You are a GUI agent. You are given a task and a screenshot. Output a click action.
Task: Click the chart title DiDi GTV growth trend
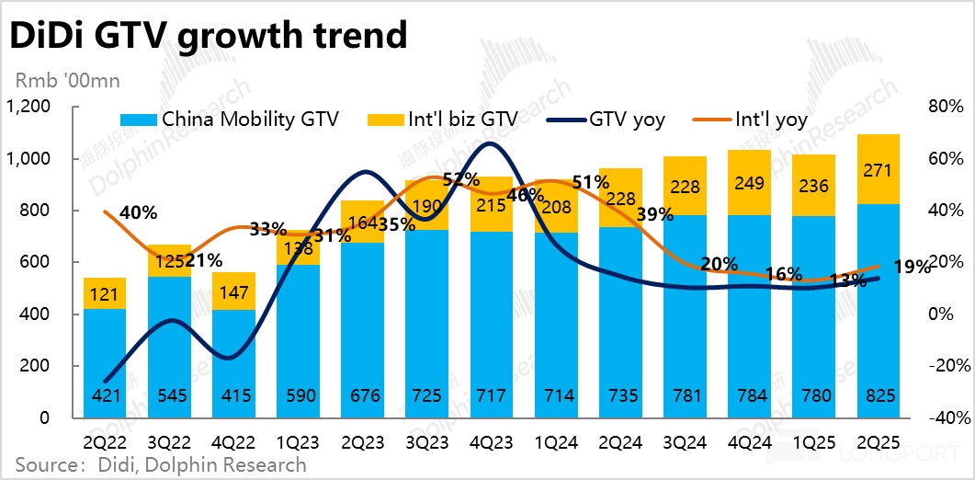208,36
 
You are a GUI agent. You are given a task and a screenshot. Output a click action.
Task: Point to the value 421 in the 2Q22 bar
104,396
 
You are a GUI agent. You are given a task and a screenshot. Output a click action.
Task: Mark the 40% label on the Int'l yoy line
139,213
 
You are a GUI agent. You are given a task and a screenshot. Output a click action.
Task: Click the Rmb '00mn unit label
64,81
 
